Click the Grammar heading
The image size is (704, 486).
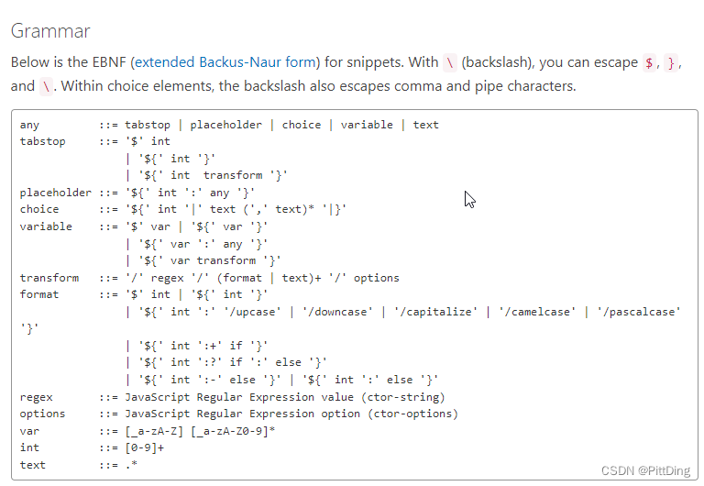tap(50, 31)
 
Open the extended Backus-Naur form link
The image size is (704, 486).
tap(225, 62)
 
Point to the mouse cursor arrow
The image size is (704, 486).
tap(468, 198)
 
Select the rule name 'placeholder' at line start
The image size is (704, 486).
tap(56, 193)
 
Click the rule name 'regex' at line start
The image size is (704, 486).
tap(37, 397)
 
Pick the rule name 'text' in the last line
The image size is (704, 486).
tap(33, 465)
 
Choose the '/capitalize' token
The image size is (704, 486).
tap(435, 312)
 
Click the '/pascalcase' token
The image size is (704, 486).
tap(639, 312)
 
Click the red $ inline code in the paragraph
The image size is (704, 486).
tap(649, 62)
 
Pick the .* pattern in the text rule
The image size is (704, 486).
tap(131, 465)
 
